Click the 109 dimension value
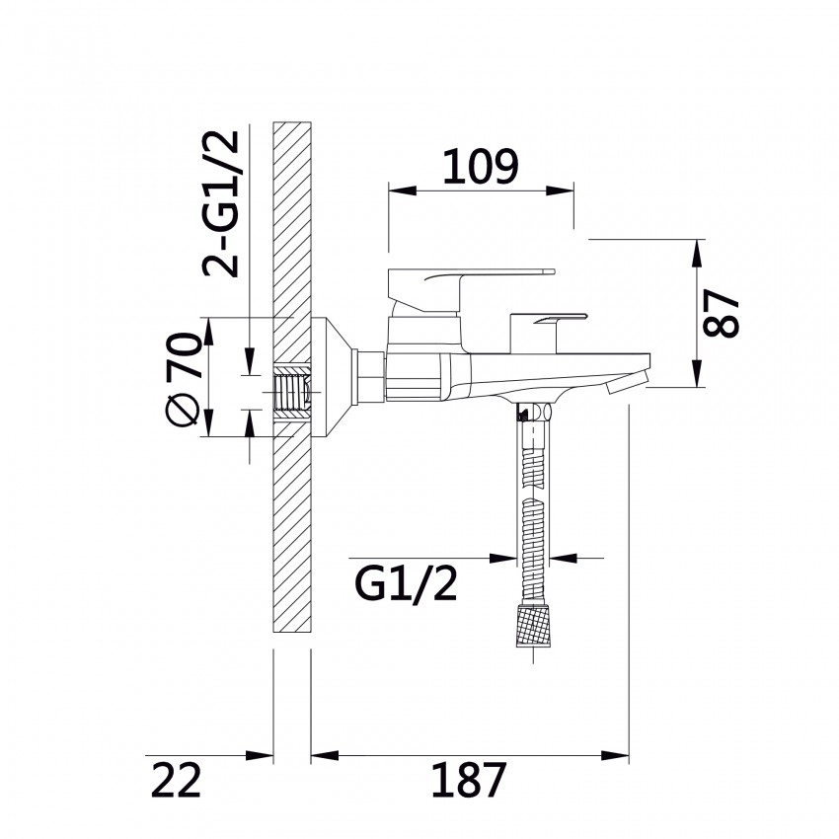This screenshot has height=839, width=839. point(480,166)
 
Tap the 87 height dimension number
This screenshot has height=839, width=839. point(721,313)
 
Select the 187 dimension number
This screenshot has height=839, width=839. point(469,780)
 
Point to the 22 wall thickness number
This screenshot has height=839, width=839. point(176,780)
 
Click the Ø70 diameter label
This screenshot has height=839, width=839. point(183,379)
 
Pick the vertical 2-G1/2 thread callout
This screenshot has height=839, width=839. point(220,203)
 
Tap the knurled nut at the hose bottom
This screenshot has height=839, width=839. point(533,625)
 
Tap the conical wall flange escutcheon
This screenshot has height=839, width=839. point(331,377)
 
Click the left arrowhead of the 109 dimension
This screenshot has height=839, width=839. point(402,191)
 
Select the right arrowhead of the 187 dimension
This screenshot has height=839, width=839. point(615,755)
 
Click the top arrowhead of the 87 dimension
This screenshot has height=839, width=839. point(697,253)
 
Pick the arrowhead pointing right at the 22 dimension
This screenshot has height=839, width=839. point(260,755)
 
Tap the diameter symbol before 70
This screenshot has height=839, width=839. point(183,411)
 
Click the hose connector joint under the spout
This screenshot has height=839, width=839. point(533,413)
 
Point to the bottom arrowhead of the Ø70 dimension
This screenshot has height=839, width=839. point(208,422)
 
